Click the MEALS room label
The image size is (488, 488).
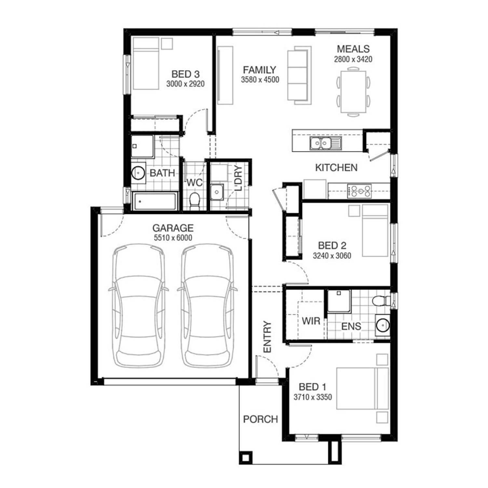click(353, 49)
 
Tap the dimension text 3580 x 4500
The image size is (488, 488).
click(260, 80)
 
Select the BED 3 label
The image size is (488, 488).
click(185, 74)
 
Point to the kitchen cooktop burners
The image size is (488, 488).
click(359, 191)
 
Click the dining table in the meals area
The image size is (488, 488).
click(353, 92)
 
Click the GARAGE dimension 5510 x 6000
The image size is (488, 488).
click(173, 238)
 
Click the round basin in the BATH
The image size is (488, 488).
click(138, 172)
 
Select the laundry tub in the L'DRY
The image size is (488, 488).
click(216, 192)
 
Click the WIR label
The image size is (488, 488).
click(311, 321)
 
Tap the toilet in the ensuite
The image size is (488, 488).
click(381, 301)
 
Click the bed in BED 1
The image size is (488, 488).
click(362, 388)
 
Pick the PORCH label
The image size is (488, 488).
click(261, 419)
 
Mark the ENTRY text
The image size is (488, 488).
click(267, 337)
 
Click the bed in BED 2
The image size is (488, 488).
click(375, 230)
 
